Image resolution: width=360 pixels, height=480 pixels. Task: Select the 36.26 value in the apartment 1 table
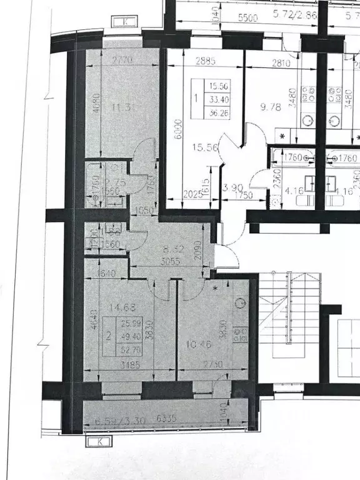pyautogui.click(x=219, y=113)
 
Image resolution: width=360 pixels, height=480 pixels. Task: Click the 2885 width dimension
pyautogui.click(x=191, y=61)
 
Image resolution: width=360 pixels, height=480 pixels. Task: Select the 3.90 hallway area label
pyautogui.click(x=231, y=187)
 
